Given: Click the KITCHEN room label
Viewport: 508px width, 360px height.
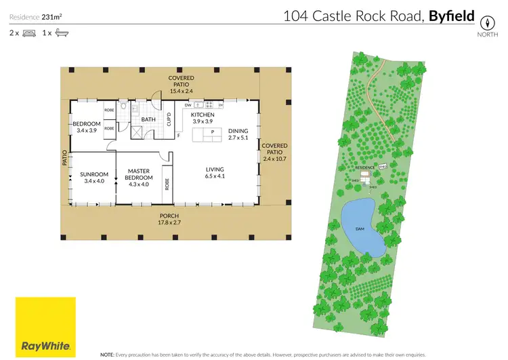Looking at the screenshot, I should coord(203,115).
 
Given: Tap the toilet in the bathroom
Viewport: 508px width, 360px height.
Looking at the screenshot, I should coord(124,106).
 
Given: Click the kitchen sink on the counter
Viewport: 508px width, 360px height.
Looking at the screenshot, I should coord(197,104).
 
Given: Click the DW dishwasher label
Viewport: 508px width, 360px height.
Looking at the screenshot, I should coord(188,105).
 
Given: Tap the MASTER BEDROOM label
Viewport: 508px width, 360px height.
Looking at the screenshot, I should coord(137,174).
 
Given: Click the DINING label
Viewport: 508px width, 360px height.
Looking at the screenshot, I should coord(238,131).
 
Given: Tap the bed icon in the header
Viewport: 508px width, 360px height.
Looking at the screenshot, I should coord(29,32).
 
